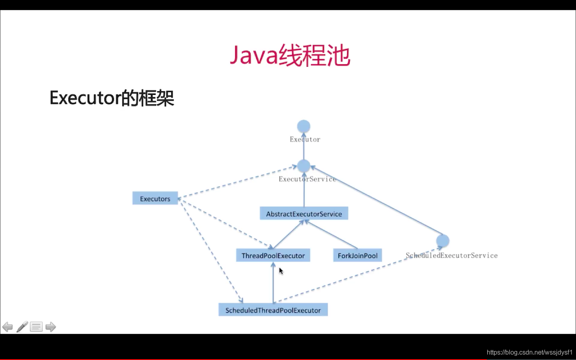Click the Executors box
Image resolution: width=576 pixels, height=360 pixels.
click(x=155, y=198)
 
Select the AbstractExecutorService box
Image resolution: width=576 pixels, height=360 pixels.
click(x=304, y=214)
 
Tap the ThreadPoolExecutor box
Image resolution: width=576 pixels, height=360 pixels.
click(x=273, y=255)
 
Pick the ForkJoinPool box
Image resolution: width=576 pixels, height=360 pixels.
click(x=358, y=255)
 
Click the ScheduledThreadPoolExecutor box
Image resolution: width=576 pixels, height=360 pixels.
click(x=273, y=310)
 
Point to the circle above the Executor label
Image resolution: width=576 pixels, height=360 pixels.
click(x=304, y=126)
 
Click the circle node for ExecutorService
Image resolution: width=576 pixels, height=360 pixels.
click(x=304, y=166)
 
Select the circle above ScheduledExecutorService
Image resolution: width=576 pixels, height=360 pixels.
click(x=443, y=241)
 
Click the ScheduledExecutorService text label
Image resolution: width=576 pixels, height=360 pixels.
click(x=452, y=255)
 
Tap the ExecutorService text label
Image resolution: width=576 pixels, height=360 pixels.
click(x=307, y=179)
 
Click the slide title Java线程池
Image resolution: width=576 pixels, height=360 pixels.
click(x=290, y=55)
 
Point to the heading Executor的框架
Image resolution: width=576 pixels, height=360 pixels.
click(x=112, y=98)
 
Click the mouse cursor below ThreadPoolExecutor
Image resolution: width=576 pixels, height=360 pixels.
click(x=281, y=271)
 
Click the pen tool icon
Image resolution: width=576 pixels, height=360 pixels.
click(x=22, y=326)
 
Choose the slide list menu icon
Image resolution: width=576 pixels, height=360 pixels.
click(x=36, y=327)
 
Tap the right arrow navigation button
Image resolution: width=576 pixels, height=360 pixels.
click(x=51, y=327)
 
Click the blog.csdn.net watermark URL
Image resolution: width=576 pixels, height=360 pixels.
click(x=530, y=352)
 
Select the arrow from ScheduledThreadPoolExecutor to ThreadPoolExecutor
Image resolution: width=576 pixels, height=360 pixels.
click(x=273, y=282)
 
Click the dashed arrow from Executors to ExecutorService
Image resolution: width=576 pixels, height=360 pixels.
click(x=238, y=182)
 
